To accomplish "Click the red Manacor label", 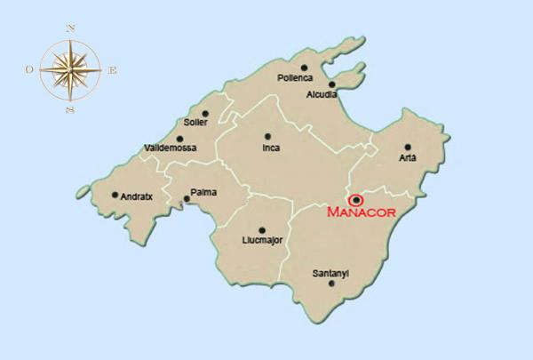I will (360, 213).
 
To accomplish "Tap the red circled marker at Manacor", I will (356, 201).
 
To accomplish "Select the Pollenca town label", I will (297, 77).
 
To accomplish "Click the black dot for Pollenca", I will (304, 67).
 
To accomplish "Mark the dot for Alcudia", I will (332, 84).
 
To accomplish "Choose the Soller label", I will (195, 123).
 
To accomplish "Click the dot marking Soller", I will (205, 113).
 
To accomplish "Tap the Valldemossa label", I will (170, 148).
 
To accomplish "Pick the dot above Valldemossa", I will (180, 139).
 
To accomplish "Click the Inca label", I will (271, 148).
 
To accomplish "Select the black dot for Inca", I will (267, 137).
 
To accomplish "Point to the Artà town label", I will (408, 158).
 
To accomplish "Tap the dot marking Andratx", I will (115, 195).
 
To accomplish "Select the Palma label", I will (203, 192).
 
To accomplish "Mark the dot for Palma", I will (185, 199).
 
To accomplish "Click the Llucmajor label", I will (263, 240).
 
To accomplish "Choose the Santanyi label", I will (330, 273).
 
